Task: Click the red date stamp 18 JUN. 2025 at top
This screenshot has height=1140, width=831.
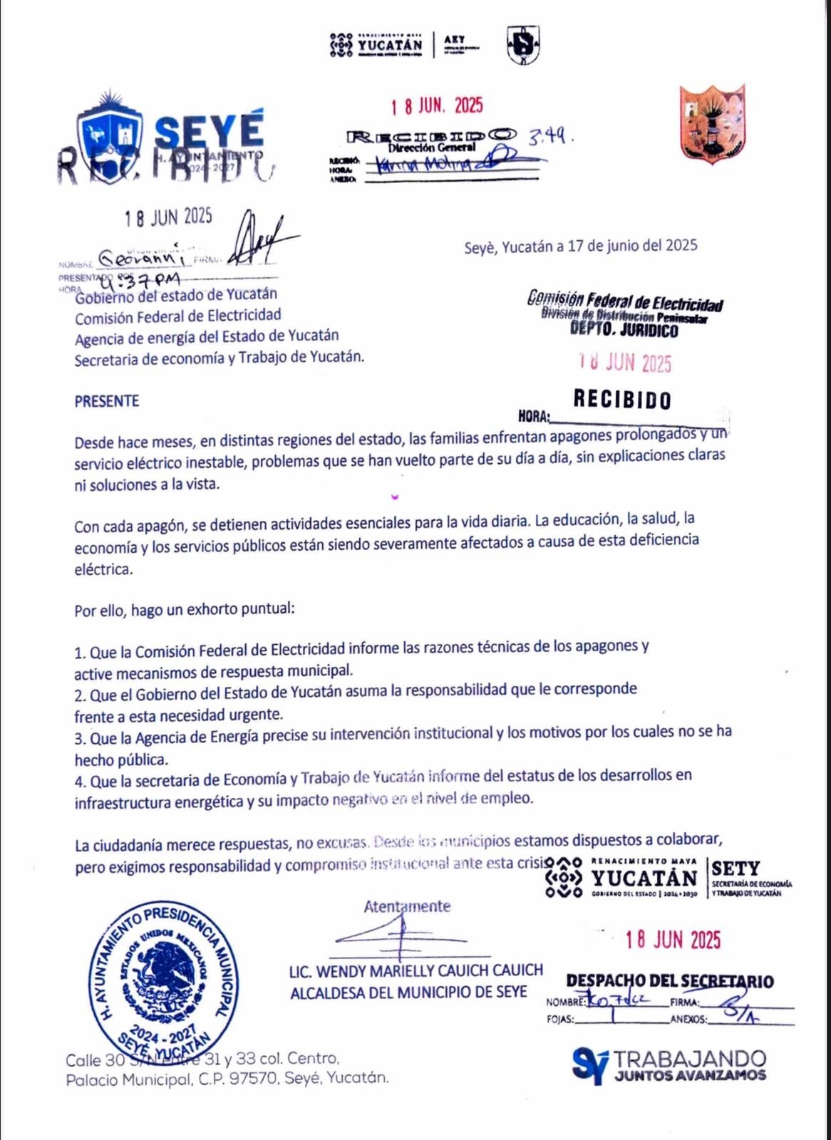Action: (437, 106)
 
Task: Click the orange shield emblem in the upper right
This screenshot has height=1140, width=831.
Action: (712, 124)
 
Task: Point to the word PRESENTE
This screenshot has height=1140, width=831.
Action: (107, 401)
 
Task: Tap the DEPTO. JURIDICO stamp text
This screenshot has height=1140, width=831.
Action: (624, 330)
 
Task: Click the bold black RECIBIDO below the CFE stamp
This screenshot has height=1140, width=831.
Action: (622, 400)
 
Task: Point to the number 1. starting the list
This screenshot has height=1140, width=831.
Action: (80, 653)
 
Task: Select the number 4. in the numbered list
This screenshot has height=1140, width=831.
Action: (80, 782)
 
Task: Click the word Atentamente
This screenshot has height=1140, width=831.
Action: (407, 906)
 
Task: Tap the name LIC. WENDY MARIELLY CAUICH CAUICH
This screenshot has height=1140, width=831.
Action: (416, 970)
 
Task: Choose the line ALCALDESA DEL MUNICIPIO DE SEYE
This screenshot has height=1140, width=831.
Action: (408, 993)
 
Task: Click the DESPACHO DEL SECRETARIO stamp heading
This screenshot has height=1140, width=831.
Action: (669, 981)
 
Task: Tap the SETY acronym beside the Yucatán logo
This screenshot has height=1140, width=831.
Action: (735, 868)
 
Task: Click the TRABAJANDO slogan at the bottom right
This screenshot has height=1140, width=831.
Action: (690, 1059)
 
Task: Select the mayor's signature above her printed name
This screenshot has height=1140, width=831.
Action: (400, 935)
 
